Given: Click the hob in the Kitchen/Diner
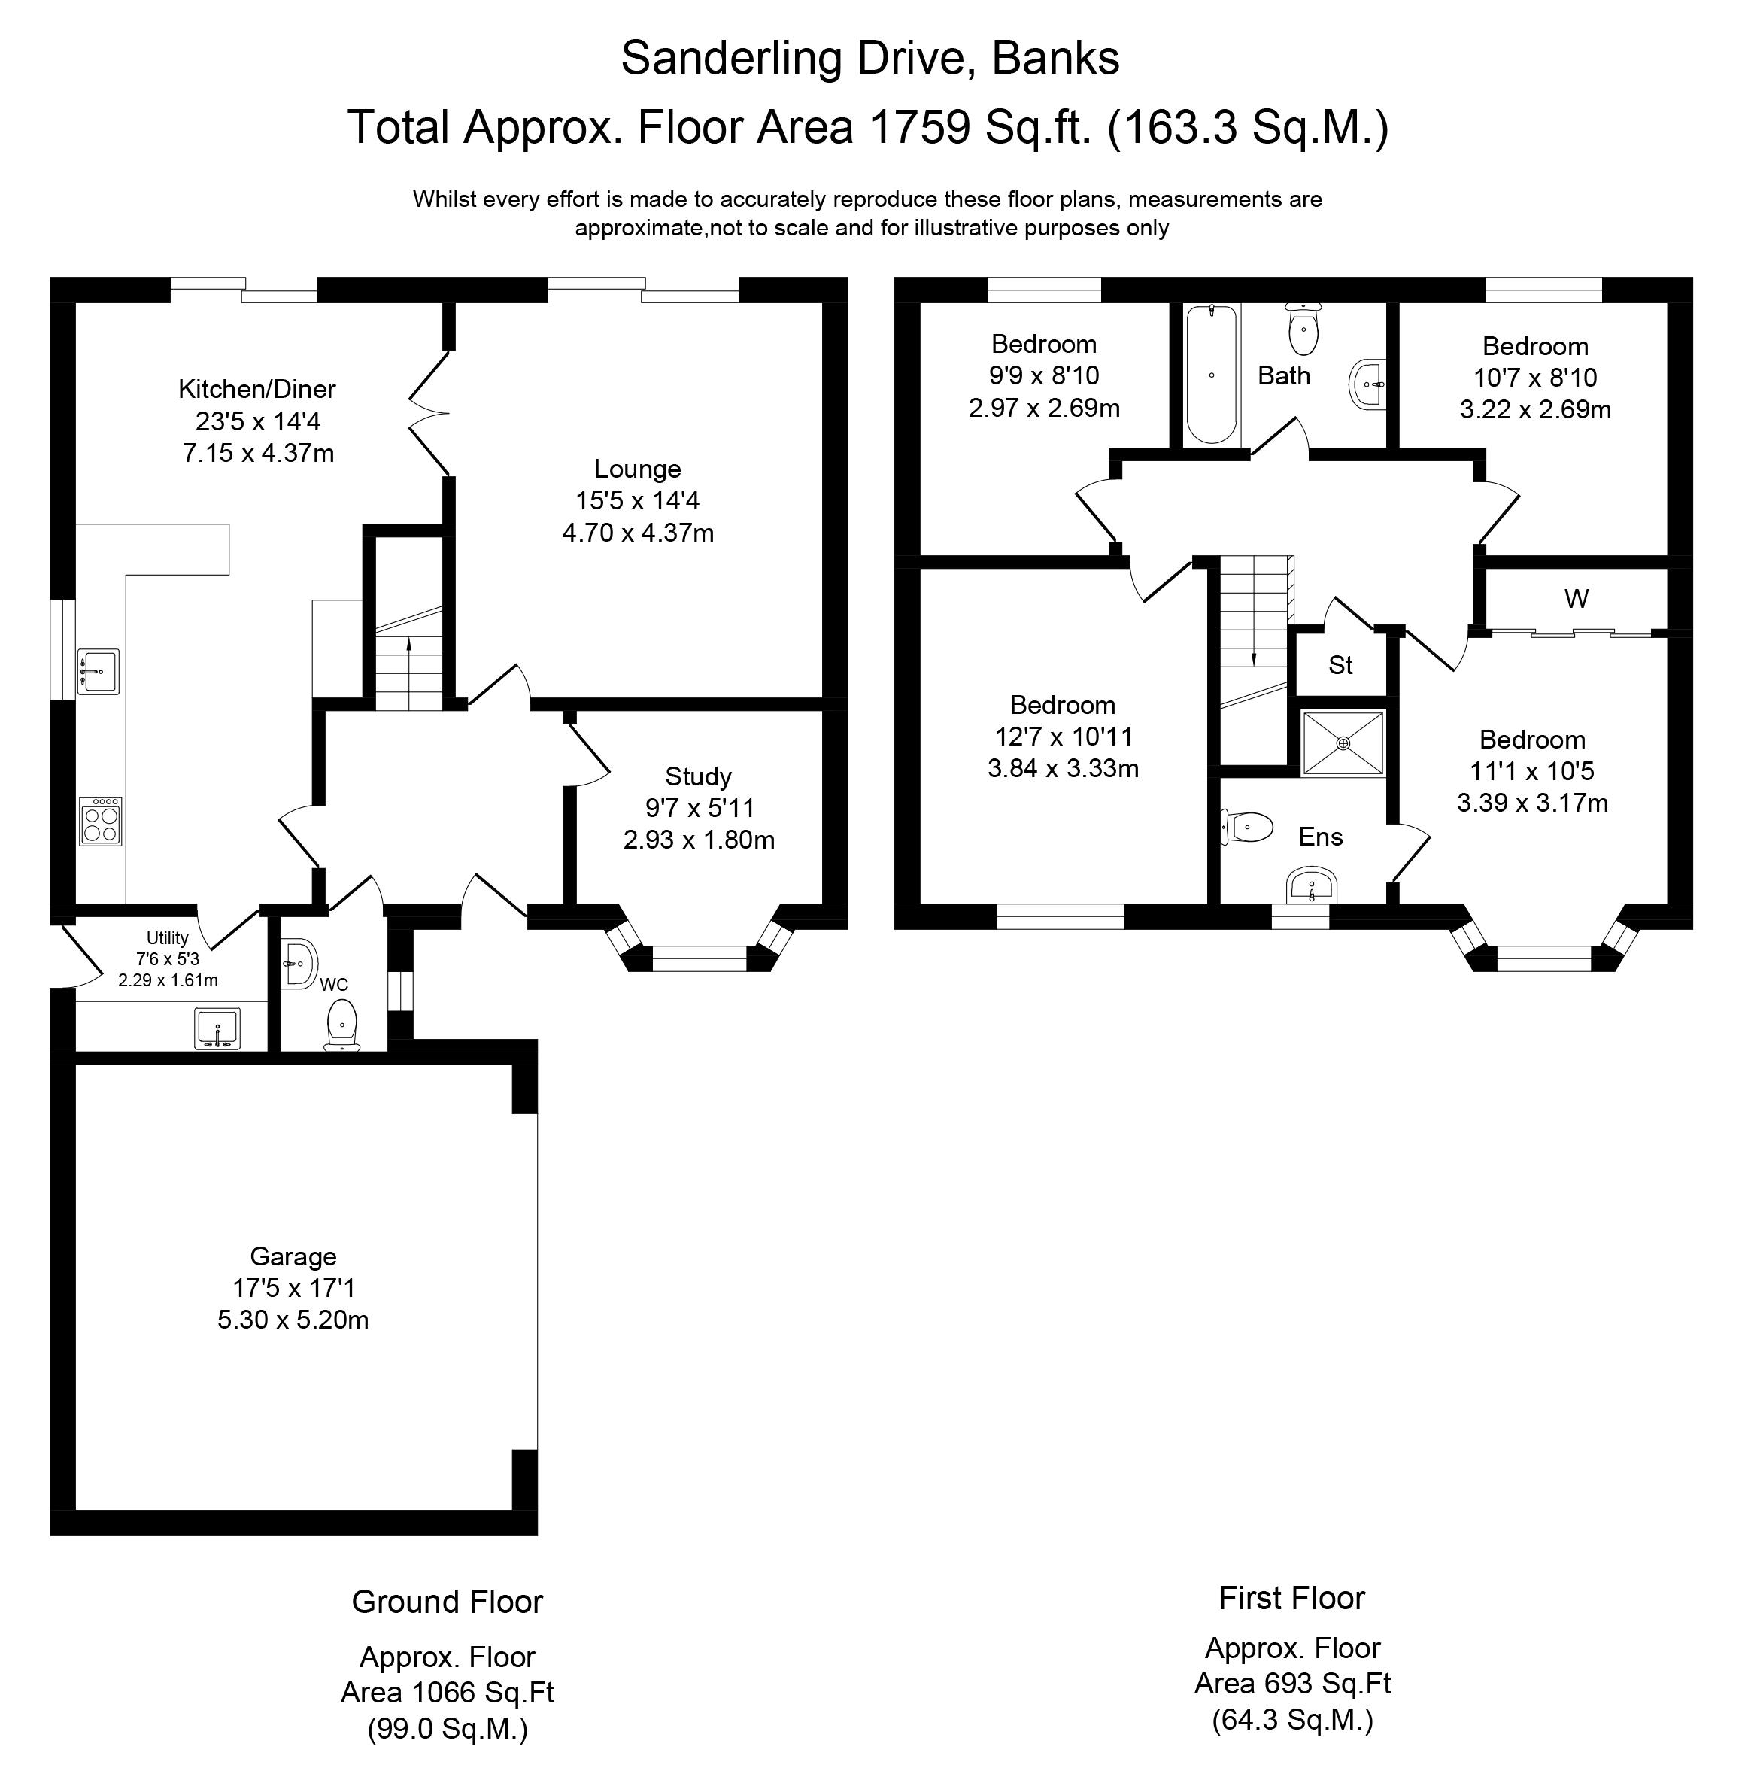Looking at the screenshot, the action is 101,822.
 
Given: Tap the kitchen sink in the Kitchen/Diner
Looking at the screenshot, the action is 98,672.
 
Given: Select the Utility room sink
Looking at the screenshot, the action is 217,1028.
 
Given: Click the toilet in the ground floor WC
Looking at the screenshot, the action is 341,1025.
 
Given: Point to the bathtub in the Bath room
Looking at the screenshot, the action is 1212,375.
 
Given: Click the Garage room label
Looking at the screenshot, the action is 293,1256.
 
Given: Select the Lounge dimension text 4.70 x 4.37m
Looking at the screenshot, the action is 638,533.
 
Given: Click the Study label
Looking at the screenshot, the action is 698,777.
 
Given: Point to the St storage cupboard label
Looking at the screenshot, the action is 1341,665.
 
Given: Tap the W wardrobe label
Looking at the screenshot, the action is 1577,600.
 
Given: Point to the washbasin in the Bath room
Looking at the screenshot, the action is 1367,384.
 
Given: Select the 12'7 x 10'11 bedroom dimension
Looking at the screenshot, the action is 1063,737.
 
